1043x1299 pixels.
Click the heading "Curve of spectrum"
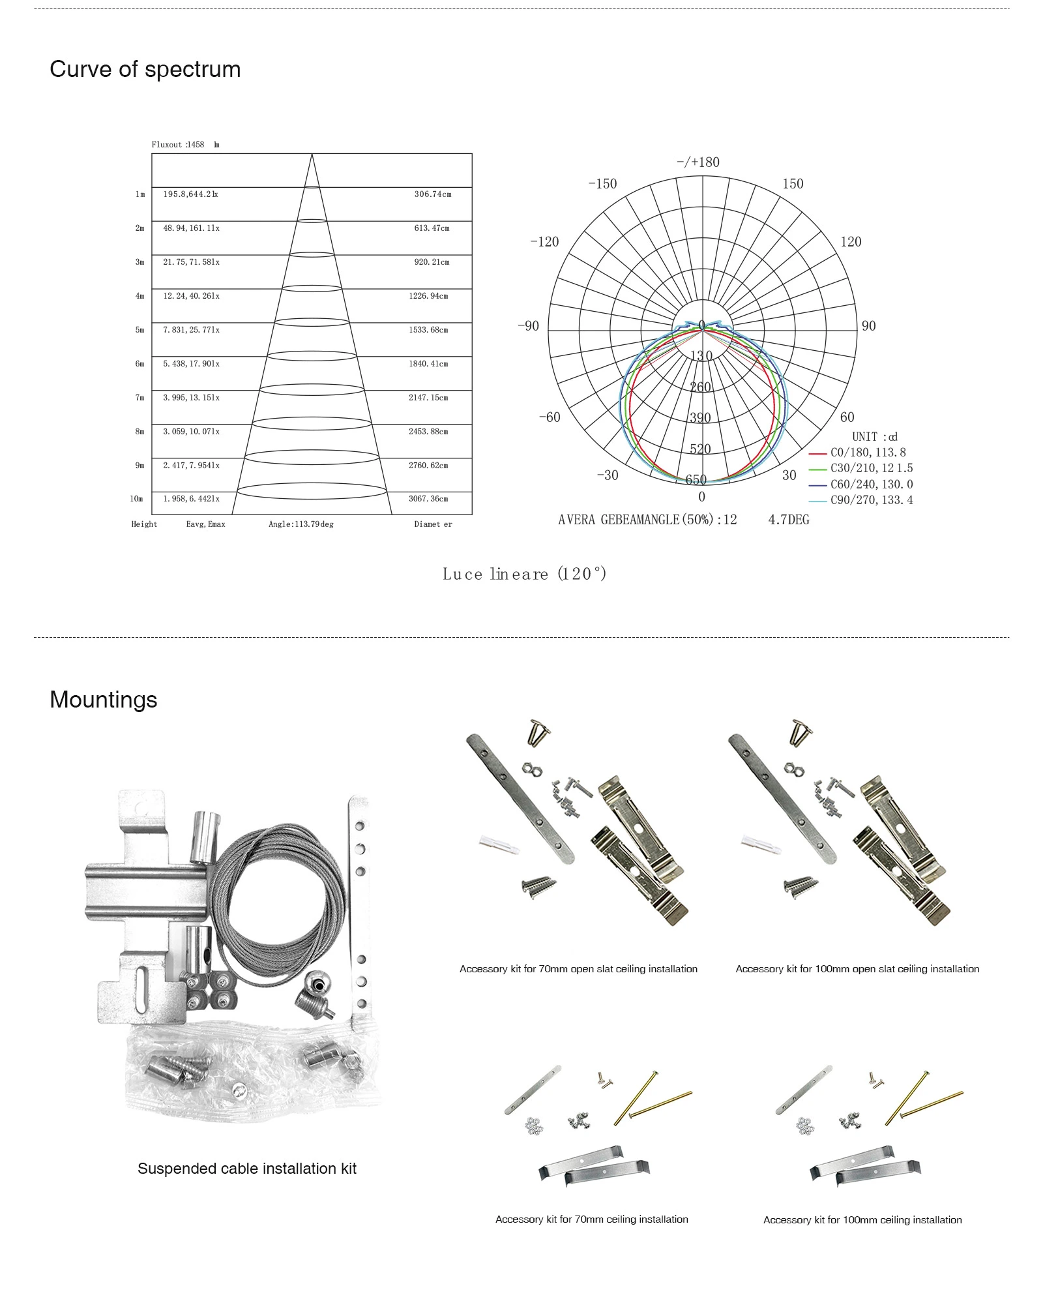(x=145, y=70)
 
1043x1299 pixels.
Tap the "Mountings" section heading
(x=103, y=700)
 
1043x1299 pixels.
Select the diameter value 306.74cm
(x=432, y=194)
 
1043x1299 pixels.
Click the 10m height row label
(x=136, y=499)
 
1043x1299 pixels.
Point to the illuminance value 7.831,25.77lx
(x=191, y=330)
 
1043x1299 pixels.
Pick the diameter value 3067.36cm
(x=428, y=499)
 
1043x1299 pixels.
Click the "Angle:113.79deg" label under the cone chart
(x=301, y=524)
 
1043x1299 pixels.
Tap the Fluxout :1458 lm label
(x=185, y=145)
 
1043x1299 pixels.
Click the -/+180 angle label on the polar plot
(x=698, y=162)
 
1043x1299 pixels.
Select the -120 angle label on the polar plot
(x=544, y=242)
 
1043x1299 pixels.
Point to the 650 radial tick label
(x=696, y=480)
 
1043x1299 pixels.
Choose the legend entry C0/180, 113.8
(x=867, y=453)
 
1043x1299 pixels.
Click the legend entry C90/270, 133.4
(x=871, y=500)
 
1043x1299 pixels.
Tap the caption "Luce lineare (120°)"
(x=524, y=575)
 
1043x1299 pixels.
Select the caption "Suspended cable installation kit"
(x=246, y=1169)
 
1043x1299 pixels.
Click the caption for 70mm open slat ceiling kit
(x=578, y=969)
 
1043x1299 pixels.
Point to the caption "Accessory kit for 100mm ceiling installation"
(x=862, y=1219)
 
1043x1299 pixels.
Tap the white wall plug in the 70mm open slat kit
(x=500, y=845)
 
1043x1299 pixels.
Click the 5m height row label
(x=140, y=330)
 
